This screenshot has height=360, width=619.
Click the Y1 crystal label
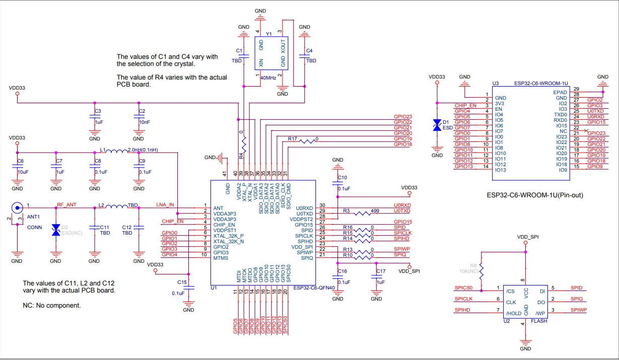269,34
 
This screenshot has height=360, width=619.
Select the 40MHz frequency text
267,78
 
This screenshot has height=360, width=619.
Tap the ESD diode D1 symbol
437,125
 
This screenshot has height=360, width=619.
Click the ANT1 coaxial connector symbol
17,207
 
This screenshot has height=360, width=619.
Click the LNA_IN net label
165,205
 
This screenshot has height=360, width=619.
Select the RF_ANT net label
66,205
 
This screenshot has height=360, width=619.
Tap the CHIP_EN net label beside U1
173,222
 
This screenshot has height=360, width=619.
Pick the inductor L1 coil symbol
117,152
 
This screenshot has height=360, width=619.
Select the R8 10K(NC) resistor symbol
481,271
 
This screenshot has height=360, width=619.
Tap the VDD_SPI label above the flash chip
528,237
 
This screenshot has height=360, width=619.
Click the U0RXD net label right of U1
402,205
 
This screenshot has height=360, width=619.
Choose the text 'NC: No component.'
52,306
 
